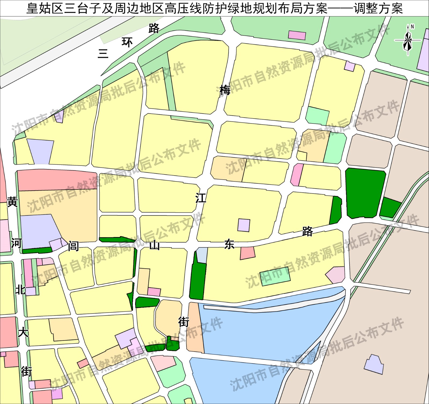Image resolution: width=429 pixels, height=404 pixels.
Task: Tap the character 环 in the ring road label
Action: [x=127, y=42]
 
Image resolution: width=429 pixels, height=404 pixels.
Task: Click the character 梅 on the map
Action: [x=225, y=90]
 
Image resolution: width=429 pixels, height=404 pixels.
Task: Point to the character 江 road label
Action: [x=201, y=198]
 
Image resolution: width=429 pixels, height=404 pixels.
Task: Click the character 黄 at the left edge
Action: [x=12, y=202]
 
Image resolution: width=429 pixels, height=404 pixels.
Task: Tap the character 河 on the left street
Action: [x=16, y=243]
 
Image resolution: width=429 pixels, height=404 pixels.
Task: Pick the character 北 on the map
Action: [x=20, y=289]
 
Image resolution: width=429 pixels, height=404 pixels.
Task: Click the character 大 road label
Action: [x=23, y=333]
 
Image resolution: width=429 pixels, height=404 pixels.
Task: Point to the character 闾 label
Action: [x=73, y=246]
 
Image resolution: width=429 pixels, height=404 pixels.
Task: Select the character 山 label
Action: [x=155, y=245]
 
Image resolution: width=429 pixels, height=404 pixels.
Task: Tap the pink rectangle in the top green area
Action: [x=297, y=35]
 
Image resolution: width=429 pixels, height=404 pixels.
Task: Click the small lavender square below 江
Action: [x=244, y=225]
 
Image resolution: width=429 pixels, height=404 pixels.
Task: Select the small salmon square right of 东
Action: [x=247, y=253]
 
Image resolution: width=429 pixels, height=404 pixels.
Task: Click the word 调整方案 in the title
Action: [x=378, y=9]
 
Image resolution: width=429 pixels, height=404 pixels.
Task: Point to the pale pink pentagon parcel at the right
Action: [x=336, y=275]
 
